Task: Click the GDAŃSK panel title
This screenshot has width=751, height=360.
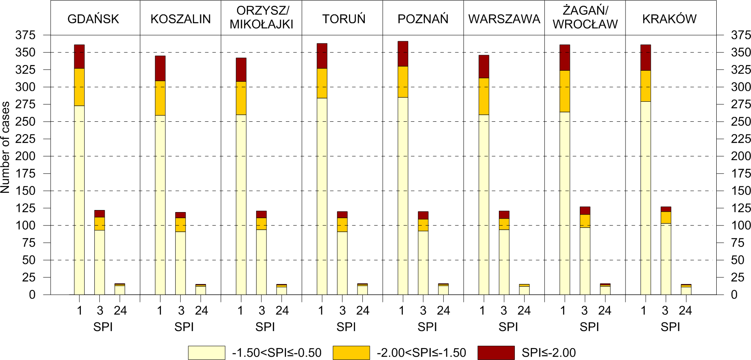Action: coord(93,19)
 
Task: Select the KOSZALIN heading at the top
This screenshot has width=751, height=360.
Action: coord(181,19)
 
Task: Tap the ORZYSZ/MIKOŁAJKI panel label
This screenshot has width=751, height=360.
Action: coord(262,18)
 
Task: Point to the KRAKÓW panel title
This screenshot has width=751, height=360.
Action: coord(669,19)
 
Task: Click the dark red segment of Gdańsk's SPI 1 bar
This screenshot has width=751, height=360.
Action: coord(79,56)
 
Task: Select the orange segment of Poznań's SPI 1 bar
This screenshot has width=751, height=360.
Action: coord(403,82)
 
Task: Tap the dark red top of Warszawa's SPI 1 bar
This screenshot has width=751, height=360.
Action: coord(484,66)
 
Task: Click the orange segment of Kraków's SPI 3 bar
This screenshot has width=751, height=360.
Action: coord(666,217)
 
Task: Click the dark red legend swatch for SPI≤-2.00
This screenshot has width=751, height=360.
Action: coord(496,353)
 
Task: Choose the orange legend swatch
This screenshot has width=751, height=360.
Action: coord(351,353)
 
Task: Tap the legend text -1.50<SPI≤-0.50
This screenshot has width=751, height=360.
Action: coord(277,353)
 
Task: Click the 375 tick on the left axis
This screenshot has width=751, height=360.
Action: coord(25,35)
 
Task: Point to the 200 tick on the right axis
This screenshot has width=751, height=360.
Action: coord(740,156)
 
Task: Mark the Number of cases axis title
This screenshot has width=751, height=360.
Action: coord(5,147)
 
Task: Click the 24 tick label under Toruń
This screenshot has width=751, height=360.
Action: coord(362,311)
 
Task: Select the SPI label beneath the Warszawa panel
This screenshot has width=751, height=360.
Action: coord(508,327)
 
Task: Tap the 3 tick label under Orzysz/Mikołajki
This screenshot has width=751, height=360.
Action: coord(262,311)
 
